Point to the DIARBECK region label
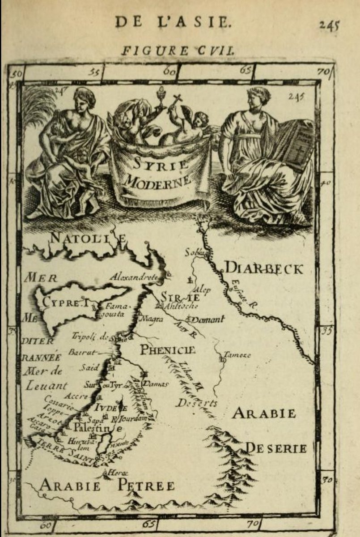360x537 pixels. pos(263,268)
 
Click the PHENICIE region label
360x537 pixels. pos(168,349)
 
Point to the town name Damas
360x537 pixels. pos(155,384)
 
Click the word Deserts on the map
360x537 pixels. pos(197,403)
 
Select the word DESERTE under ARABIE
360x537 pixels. pos(276,447)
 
